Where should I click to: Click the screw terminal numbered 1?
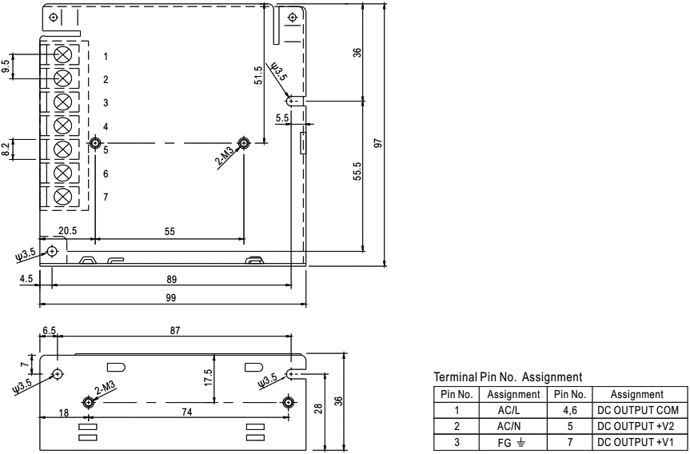[x=64, y=55]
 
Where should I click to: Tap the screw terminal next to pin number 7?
[x=64, y=197]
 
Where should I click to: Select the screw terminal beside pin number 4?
[x=64, y=125]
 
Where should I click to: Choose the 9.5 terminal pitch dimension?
[x=7, y=66]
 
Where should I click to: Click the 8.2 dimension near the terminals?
[x=7, y=149]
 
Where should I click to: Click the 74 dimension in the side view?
[x=187, y=411]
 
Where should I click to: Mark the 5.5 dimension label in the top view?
[x=281, y=118]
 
